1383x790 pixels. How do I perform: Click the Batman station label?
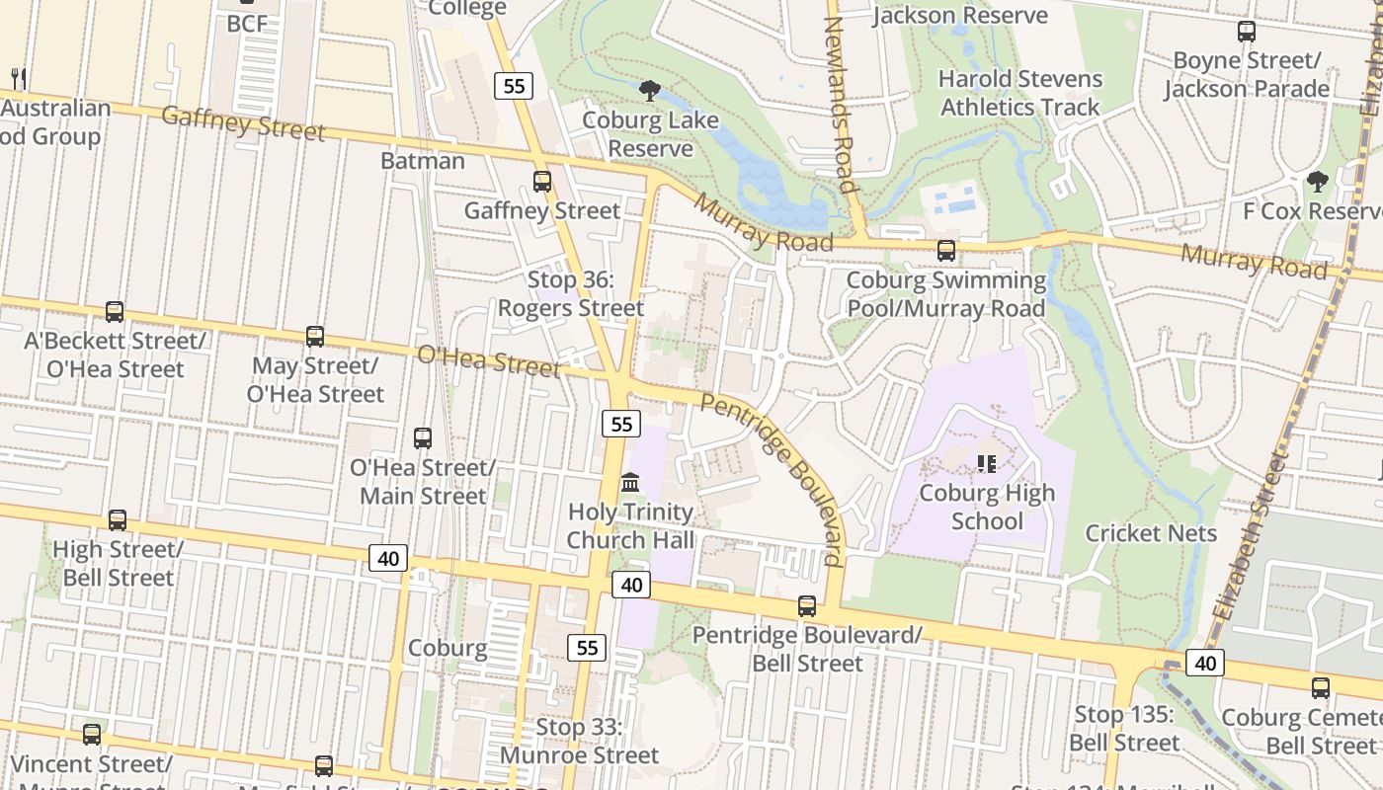coord(423,161)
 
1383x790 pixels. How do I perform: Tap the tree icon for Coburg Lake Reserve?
coord(650,91)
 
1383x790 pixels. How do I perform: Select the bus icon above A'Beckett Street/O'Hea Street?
coord(115,312)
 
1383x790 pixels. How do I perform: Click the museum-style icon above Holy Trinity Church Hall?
coord(630,483)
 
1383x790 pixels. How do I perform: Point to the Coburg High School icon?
coord(986,463)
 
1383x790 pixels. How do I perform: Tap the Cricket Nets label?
coord(1151,533)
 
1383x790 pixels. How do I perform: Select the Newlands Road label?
coord(840,104)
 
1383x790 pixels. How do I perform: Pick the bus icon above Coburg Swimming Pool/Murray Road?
coord(946,251)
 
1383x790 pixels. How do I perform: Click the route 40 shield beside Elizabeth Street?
coord(1205,663)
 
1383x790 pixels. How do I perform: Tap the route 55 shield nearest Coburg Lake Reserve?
coord(514,86)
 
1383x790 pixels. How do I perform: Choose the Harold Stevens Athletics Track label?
coord(1020,93)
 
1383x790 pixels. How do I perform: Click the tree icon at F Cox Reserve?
coord(1317,182)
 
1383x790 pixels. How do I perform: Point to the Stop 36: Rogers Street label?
coord(571,294)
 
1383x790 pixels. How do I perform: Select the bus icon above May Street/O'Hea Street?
coord(315,337)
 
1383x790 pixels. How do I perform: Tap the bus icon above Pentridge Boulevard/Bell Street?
coord(807,606)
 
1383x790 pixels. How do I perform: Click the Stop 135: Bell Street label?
coord(1126,729)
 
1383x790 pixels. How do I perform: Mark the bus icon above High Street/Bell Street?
coord(118,520)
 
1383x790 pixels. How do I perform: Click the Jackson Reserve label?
coord(960,15)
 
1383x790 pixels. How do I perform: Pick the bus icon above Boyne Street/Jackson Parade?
coord(1247,32)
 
